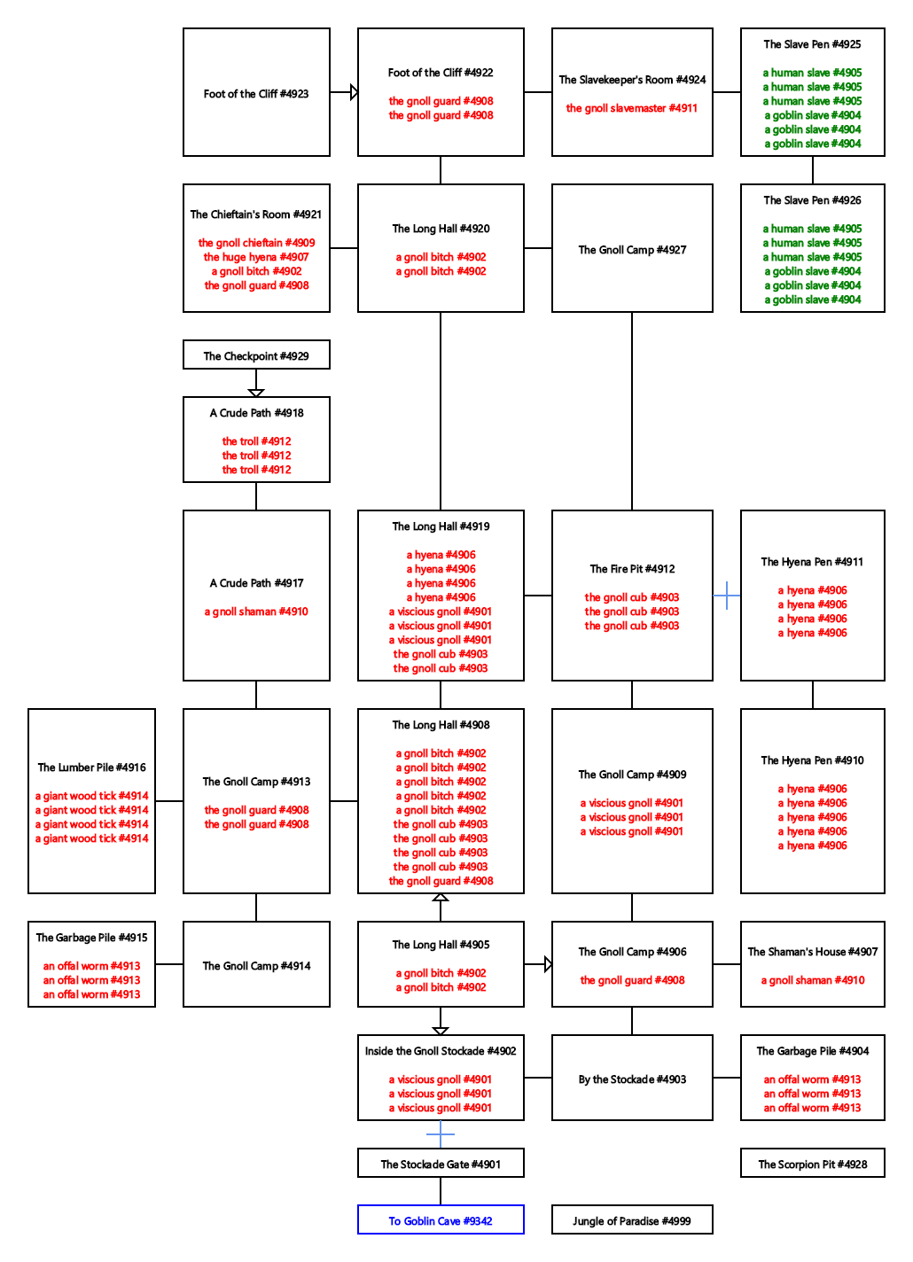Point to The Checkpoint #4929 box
click(x=256, y=354)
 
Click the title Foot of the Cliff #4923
click(x=256, y=94)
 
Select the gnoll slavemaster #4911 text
click(x=632, y=108)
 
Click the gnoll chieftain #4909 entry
click(x=256, y=243)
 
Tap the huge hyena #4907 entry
click(x=256, y=257)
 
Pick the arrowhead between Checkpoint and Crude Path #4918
click(x=256, y=393)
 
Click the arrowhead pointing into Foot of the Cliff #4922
click(x=354, y=92)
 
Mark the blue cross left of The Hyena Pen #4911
click(x=727, y=595)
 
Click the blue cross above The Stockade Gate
click(x=441, y=1133)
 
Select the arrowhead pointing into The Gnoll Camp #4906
click(x=549, y=964)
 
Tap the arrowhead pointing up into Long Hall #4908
click(x=441, y=897)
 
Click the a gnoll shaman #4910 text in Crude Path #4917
click(x=256, y=612)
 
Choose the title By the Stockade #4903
click(x=632, y=1079)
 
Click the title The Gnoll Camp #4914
click(x=256, y=966)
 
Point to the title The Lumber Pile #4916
click(x=92, y=767)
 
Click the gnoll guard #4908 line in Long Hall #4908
click(x=441, y=881)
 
